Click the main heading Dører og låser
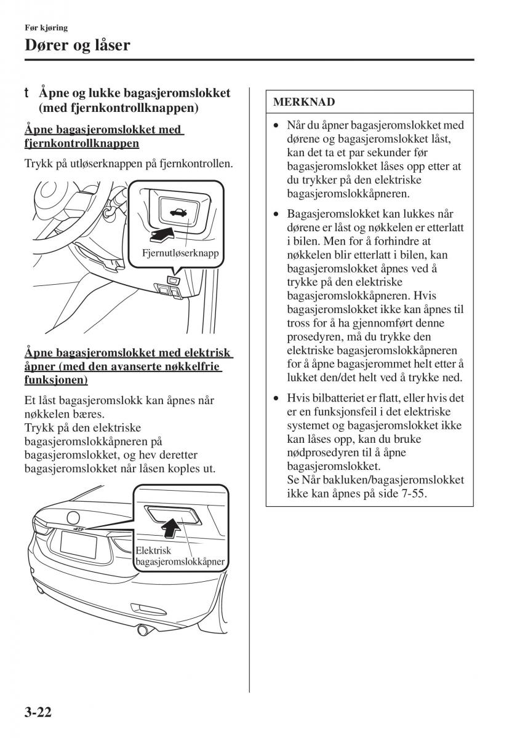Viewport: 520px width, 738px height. coord(77,45)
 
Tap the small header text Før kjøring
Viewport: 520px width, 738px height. coord(46,27)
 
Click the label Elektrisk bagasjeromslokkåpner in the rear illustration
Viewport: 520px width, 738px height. coord(180,556)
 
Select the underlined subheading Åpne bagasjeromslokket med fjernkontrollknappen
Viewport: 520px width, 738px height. coord(104,137)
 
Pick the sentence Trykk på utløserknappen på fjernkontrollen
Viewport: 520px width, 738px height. coord(129,164)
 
